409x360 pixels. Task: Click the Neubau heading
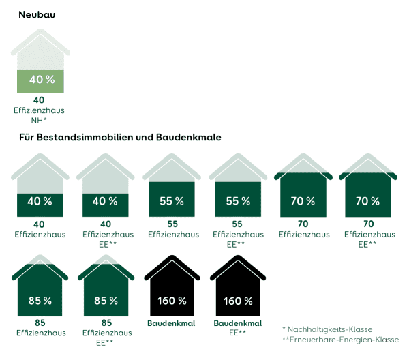(x=37, y=14)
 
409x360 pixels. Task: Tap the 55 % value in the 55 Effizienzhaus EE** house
(x=237, y=201)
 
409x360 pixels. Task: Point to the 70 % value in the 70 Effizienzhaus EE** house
(x=369, y=201)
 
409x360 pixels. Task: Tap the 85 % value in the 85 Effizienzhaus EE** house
(x=104, y=300)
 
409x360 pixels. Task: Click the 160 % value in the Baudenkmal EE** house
(x=237, y=300)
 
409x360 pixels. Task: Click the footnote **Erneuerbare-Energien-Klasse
(x=340, y=340)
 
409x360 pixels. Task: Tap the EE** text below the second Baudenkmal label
(x=237, y=333)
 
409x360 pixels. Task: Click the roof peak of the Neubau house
(x=42, y=32)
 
